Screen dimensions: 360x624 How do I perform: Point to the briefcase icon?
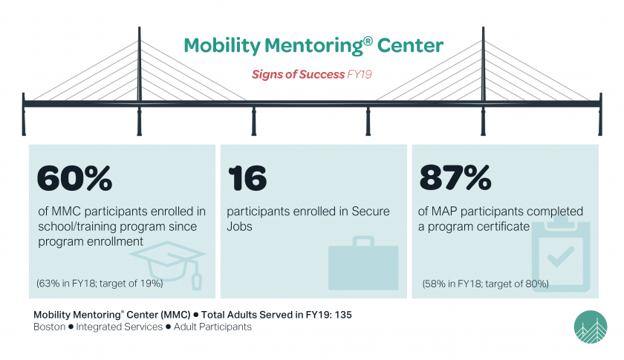[363, 263]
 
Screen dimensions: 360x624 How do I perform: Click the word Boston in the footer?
[50, 327]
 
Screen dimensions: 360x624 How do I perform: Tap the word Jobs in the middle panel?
[240, 226]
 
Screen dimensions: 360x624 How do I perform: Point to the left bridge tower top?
[139, 31]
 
